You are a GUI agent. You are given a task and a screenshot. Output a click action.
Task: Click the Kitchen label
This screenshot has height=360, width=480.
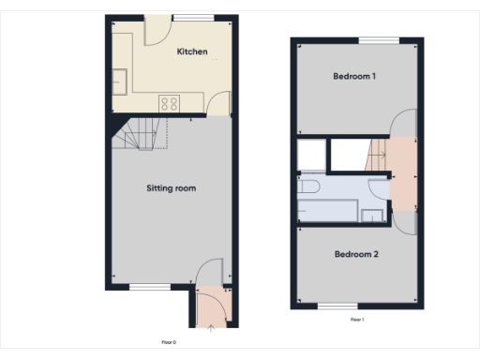[x=192, y=52]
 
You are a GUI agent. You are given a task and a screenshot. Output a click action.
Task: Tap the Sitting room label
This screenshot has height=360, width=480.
[x=171, y=188]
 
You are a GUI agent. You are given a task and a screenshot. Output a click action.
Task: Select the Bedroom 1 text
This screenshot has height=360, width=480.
[x=354, y=77]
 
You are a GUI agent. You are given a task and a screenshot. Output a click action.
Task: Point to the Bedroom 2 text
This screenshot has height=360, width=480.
[x=355, y=253]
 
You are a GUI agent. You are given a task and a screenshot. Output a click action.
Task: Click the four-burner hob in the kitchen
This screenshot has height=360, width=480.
[x=170, y=103]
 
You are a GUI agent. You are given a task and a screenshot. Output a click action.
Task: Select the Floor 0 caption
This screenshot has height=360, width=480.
[x=169, y=342]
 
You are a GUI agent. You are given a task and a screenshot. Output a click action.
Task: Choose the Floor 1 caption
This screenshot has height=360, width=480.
[x=356, y=320]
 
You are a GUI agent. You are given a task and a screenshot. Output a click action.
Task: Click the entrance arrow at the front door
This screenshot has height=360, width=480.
[x=210, y=326]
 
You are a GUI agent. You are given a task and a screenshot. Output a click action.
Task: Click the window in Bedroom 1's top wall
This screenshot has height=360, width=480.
[x=377, y=39]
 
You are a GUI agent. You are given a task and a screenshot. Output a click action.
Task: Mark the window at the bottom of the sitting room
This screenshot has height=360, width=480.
[x=143, y=287]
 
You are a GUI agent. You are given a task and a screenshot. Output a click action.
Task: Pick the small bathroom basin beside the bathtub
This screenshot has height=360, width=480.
[x=371, y=216]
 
